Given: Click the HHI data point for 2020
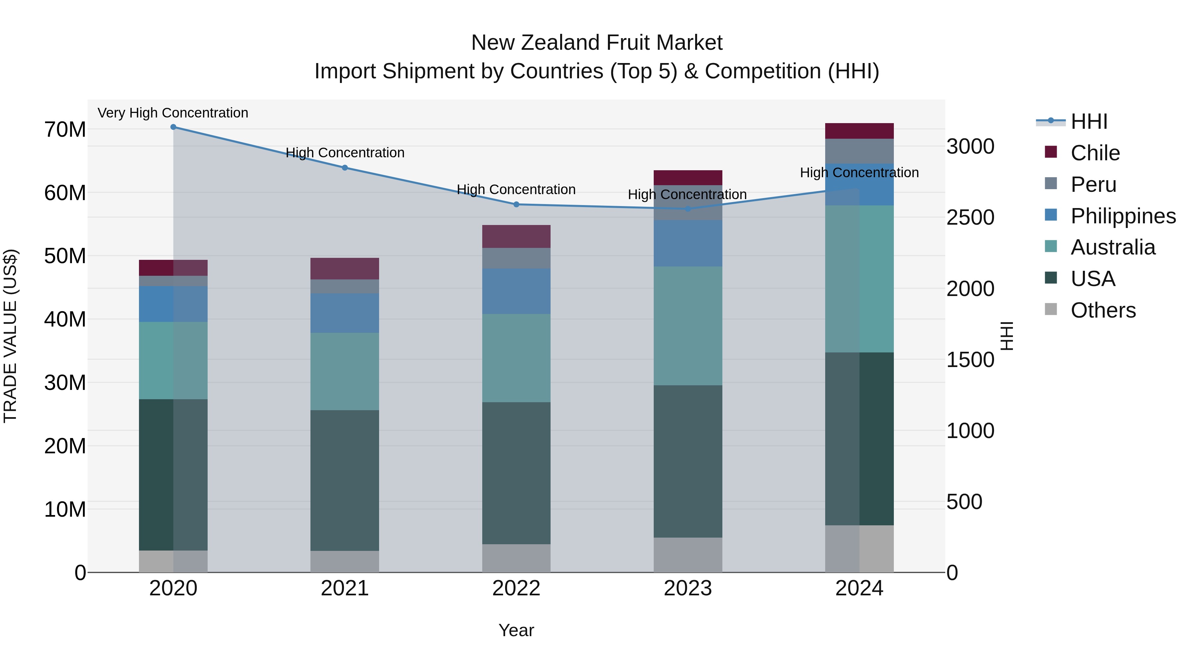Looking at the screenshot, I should coord(173,127).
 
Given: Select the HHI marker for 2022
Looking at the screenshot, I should coord(516,204).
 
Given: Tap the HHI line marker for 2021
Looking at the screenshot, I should coord(345,168).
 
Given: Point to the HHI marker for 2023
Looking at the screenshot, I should coord(688,209).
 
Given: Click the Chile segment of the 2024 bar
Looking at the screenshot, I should coord(859,131).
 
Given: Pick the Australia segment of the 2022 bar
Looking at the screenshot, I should coord(516,358).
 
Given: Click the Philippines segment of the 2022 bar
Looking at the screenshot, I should coord(516,291).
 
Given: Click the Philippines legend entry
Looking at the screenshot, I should coord(1123,216).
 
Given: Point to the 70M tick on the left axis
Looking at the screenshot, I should coord(65,130).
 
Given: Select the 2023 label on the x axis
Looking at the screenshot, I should coord(688,588).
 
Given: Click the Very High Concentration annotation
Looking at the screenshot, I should coord(173,113).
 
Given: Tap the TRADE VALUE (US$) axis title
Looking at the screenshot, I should coord(10,336).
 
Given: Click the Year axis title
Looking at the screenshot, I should coord(516,630).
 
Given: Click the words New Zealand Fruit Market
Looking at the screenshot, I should coord(597,43).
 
